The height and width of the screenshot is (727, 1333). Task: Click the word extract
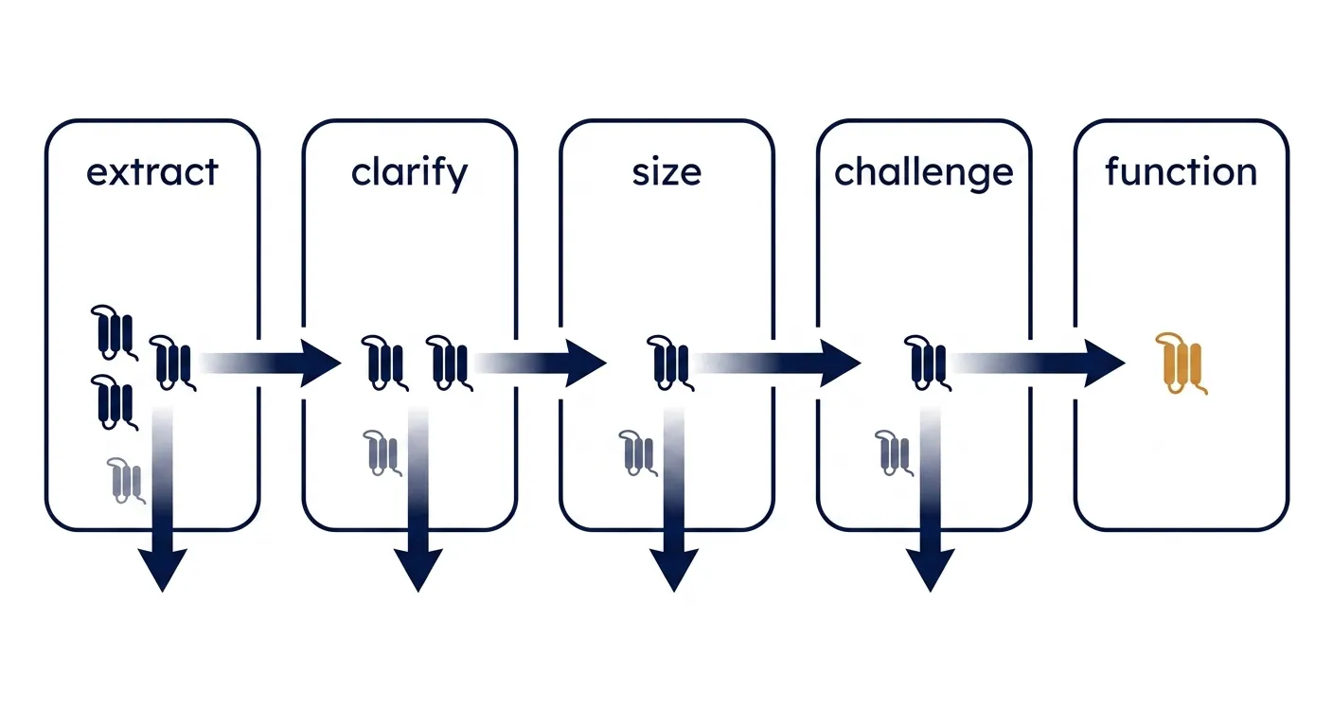(x=152, y=172)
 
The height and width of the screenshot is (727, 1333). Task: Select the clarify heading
(x=409, y=174)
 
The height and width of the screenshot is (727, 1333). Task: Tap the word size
(x=666, y=172)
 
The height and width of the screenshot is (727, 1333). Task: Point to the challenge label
(x=924, y=174)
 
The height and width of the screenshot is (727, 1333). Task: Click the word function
(x=1182, y=171)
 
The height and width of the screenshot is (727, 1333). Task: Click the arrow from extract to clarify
(x=270, y=363)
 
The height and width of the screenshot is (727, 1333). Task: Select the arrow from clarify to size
(x=541, y=363)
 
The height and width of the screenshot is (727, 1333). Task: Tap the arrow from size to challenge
(x=777, y=363)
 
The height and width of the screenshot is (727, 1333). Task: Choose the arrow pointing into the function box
(x=1038, y=363)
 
